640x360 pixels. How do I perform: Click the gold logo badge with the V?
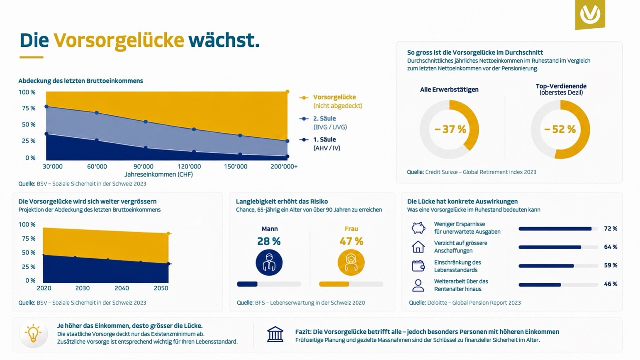click(x=590, y=14)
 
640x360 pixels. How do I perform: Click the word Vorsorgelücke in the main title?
click(x=119, y=41)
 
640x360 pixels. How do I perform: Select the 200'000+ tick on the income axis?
click(x=284, y=167)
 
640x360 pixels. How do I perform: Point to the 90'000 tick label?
click(x=144, y=167)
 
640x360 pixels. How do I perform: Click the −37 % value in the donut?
click(x=450, y=129)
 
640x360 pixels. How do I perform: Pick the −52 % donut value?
click(x=560, y=129)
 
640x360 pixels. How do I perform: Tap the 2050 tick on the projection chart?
click(x=161, y=288)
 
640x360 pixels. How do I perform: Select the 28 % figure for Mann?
click(x=269, y=241)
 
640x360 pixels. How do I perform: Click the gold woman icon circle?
click(x=351, y=263)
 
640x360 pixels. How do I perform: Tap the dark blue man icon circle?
click(x=269, y=263)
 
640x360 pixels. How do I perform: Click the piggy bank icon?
click(x=418, y=228)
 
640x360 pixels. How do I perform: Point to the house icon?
click(x=418, y=247)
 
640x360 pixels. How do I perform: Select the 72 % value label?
click(x=611, y=229)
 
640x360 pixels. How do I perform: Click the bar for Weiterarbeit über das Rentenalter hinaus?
click(x=558, y=285)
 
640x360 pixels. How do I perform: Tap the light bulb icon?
click(x=33, y=334)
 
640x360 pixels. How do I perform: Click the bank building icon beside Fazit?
click(x=275, y=334)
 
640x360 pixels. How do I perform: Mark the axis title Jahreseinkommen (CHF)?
click(x=158, y=175)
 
